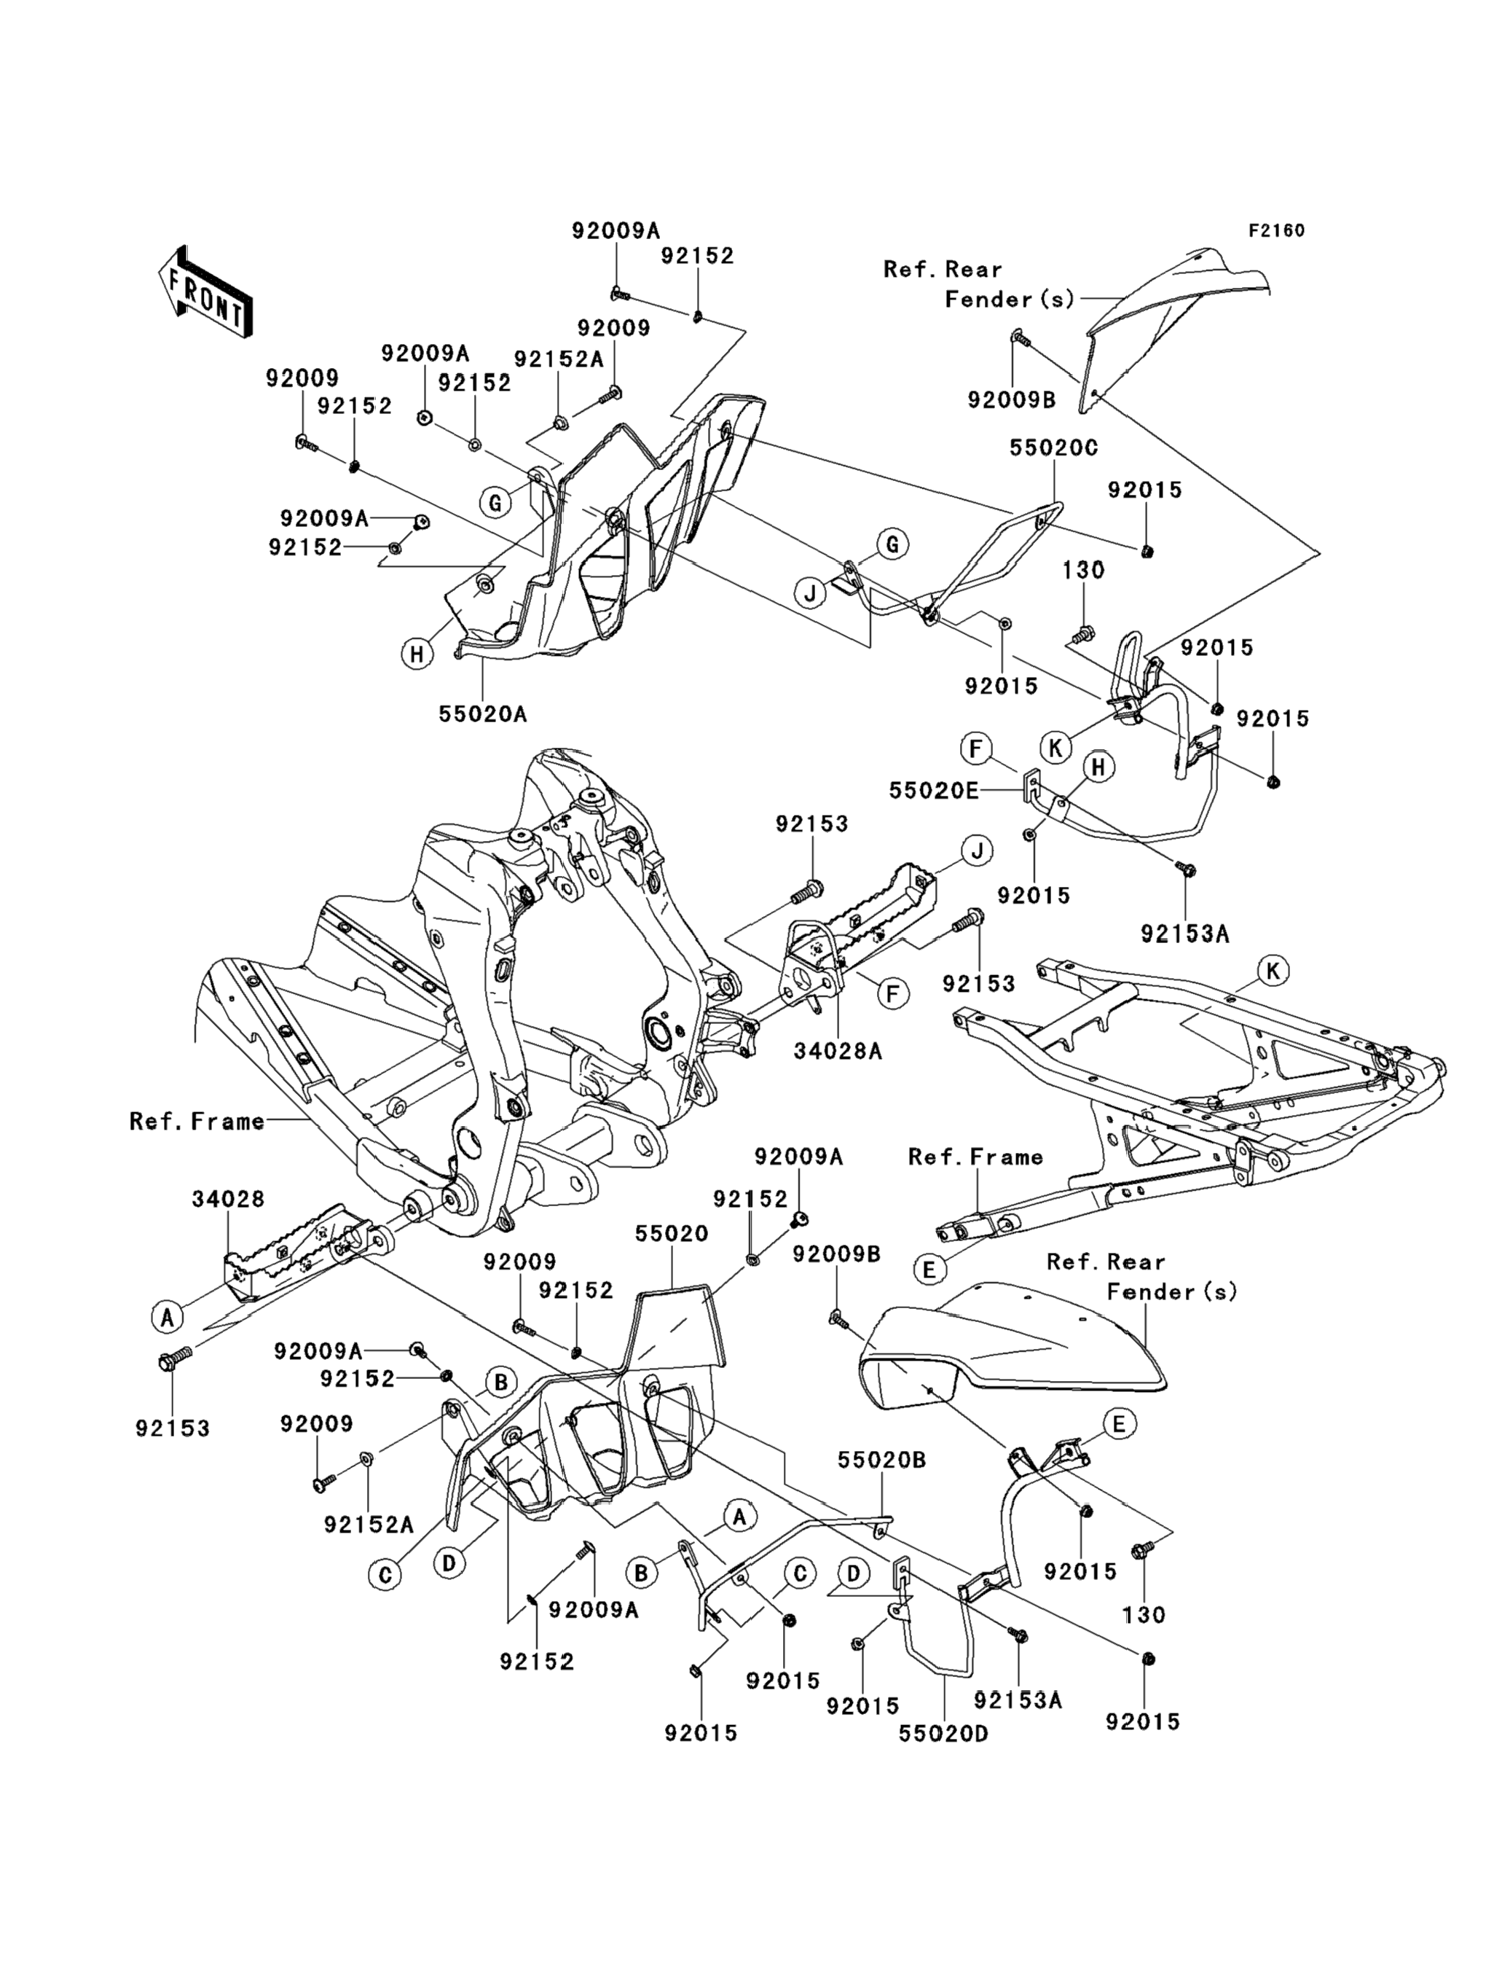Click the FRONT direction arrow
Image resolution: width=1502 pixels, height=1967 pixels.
coord(205,294)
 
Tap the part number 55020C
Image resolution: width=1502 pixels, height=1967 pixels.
coord(1053,448)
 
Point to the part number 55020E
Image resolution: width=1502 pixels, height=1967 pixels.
coord(933,791)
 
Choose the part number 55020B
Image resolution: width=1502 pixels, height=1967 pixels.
coord(881,1460)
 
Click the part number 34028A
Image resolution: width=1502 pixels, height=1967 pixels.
coord(838,1051)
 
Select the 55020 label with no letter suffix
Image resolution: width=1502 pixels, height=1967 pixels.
coord(672,1234)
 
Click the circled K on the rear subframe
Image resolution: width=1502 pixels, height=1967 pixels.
coord(1273,971)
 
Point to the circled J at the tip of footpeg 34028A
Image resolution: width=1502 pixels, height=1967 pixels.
coord(978,850)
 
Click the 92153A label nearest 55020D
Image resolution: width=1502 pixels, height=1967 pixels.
coord(1018,1700)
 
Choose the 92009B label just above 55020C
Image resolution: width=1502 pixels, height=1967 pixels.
coord(1011,400)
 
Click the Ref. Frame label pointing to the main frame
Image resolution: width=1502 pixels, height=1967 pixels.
coord(197,1121)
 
